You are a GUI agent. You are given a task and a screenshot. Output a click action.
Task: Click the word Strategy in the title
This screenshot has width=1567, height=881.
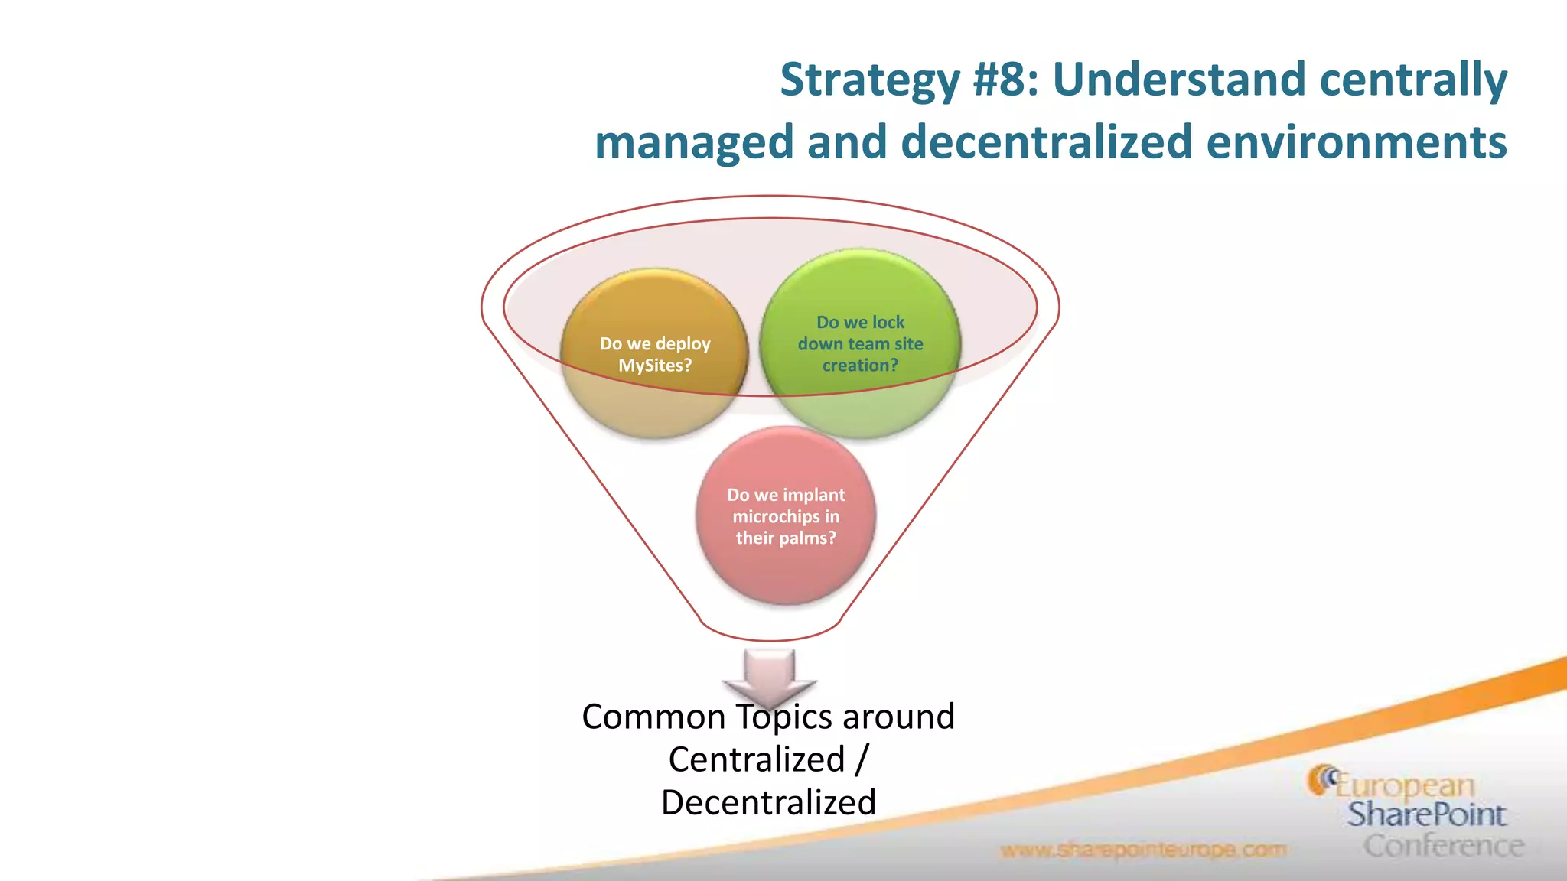(869, 80)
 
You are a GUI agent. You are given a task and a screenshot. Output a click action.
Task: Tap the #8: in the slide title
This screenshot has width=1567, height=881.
(1005, 80)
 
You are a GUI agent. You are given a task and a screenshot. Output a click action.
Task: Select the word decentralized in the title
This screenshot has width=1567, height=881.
(1046, 143)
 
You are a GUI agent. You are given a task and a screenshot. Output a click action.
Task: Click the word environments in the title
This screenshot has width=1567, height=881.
(1356, 143)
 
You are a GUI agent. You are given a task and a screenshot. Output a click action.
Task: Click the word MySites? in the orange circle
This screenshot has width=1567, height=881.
(654, 366)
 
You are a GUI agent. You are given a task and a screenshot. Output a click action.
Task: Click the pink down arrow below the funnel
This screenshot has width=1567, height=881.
(769, 673)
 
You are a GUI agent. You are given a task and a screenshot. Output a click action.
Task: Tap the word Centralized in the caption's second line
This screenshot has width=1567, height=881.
(756, 759)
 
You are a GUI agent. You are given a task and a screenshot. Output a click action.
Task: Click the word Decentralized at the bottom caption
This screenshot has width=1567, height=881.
(768, 802)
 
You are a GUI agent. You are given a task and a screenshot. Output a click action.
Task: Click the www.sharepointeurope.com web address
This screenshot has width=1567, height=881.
(1143, 850)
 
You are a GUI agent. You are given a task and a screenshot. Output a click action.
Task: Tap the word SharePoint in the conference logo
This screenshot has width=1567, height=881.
(1426, 814)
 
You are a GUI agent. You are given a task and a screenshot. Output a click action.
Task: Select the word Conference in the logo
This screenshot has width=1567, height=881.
(1443, 846)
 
